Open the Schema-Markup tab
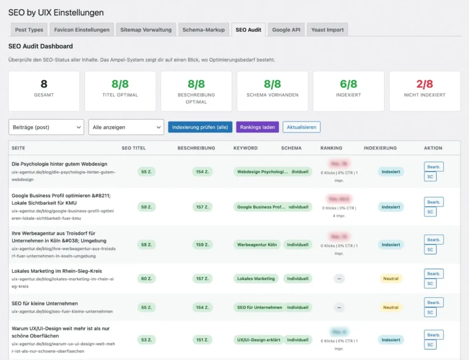(204, 30)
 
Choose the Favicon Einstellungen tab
(82, 30)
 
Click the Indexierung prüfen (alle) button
(200, 127)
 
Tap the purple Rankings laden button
(257, 127)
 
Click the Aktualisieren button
(301, 127)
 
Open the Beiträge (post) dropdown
(46, 127)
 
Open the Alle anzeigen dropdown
(126, 127)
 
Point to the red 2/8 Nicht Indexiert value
(424, 84)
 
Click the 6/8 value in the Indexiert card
(348, 84)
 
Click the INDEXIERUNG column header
(380, 148)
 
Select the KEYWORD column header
(245, 148)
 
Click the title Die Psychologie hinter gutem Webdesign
(59, 164)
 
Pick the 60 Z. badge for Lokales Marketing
(147, 279)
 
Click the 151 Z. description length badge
(202, 340)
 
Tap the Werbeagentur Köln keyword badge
(258, 245)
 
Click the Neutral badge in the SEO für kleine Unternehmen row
(391, 308)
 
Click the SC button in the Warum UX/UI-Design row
(430, 345)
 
